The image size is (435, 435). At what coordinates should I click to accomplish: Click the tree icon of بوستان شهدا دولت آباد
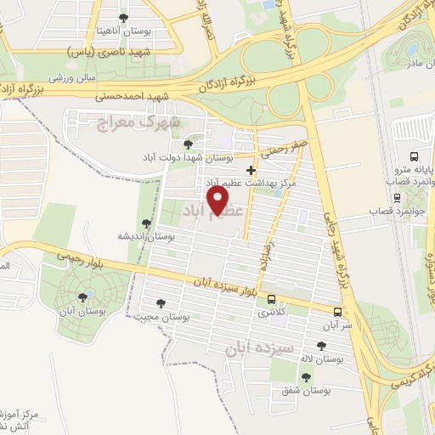[188, 144]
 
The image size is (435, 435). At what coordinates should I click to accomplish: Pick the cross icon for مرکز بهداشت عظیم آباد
[250, 170]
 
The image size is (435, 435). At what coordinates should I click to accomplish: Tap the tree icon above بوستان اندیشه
[148, 223]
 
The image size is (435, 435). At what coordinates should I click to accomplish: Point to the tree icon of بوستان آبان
[82, 297]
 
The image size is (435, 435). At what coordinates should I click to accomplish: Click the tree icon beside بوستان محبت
[161, 302]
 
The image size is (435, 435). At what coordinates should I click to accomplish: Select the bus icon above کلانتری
[271, 299]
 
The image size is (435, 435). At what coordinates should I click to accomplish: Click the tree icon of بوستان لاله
[320, 345]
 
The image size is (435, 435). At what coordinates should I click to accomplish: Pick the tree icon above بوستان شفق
[306, 376]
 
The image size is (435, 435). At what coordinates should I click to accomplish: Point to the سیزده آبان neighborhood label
[261, 348]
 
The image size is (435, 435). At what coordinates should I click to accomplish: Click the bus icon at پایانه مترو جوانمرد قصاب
[414, 156]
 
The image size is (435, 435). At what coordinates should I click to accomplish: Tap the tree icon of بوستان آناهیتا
[124, 17]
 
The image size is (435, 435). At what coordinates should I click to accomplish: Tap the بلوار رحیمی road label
[76, 256]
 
